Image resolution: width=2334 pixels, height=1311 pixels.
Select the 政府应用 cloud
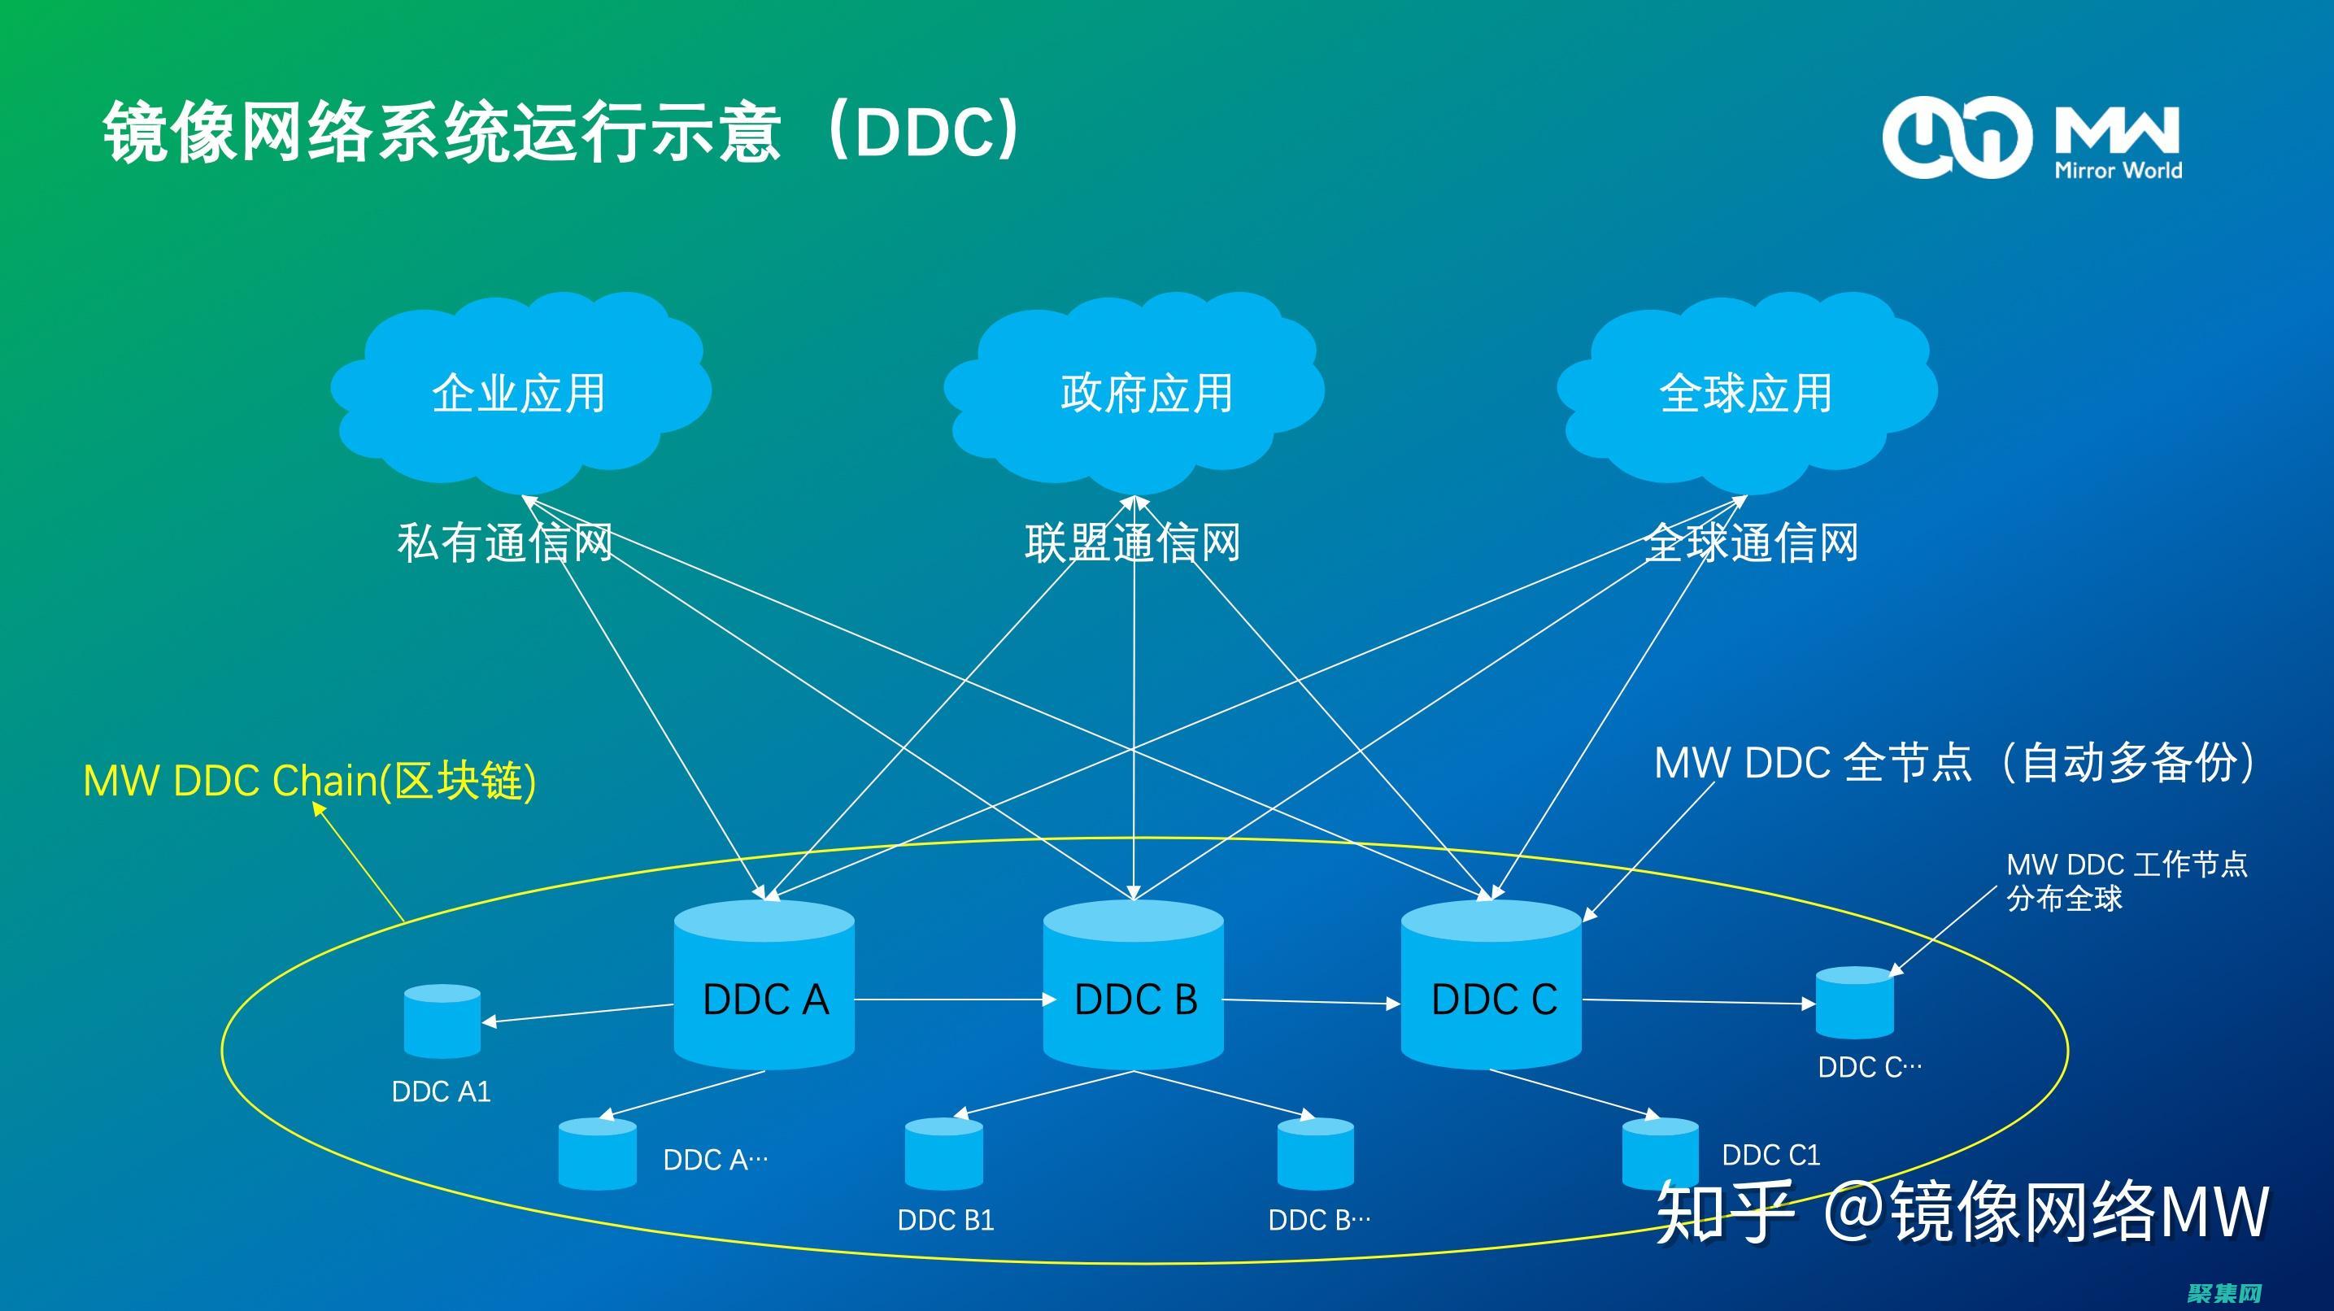click(1134, 392)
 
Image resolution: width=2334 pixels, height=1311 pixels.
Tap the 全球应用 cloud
click(1746, 392)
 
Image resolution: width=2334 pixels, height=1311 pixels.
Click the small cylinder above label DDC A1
click(442, 1021)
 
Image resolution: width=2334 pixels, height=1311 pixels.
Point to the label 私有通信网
click(505, 543)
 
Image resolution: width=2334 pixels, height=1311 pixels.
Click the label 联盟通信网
click(1133, 543)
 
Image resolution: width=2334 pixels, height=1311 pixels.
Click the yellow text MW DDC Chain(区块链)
click(310, 780)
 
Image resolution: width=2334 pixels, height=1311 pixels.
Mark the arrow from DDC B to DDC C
click(1312, 1002)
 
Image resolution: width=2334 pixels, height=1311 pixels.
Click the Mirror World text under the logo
click(2118, 170)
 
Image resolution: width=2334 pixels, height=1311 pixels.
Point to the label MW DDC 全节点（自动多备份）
click(1954, 763)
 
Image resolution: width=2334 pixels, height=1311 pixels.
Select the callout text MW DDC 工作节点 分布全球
click(2126, 881)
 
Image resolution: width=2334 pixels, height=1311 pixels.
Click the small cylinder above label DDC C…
click(1855, 1003)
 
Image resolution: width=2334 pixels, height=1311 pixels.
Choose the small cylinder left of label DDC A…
click(597, 1154)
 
